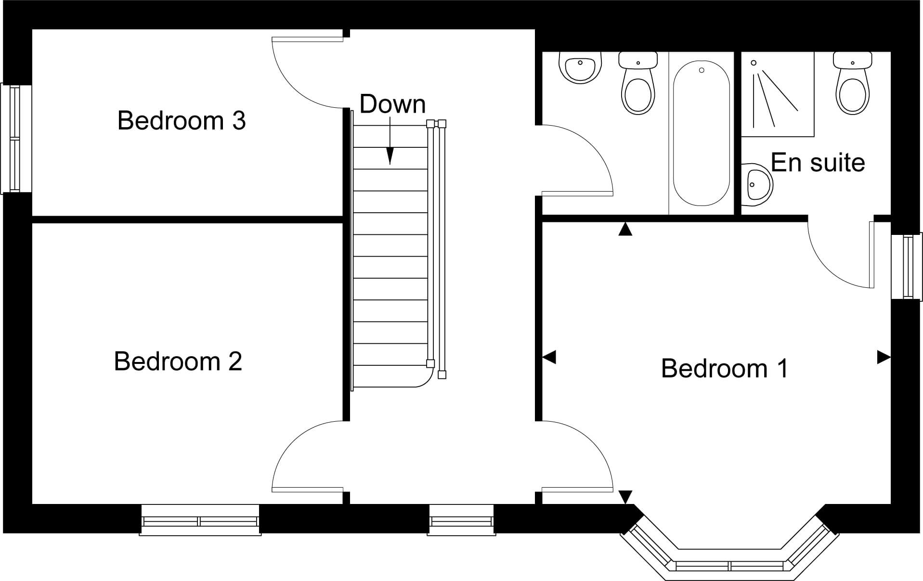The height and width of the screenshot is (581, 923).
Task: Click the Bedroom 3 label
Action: pos(182,120)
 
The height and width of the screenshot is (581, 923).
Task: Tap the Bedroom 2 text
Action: pos(178,361)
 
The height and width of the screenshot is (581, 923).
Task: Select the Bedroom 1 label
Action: pos(725,368)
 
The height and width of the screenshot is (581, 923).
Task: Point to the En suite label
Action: pos(818,162)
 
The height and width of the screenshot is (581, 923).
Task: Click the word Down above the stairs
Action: pos(392,104)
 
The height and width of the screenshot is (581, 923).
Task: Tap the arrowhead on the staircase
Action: pos(390,155)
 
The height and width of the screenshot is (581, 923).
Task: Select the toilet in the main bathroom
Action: pos(638,83)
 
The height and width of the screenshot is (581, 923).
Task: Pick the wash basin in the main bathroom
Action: pos(580,68)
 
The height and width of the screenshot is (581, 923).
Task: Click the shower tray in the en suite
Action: pos(778,94)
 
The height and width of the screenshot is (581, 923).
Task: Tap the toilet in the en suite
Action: pos(853,83)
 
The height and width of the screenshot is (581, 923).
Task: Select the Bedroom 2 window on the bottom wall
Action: pos(200,520)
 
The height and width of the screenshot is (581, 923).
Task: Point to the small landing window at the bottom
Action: pos(461,520)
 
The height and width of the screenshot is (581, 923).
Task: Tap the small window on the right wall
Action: pos(907,266)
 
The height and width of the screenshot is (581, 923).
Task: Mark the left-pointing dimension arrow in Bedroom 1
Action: pos(549,357)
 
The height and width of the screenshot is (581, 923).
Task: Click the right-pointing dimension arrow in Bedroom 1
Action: pos(884,357)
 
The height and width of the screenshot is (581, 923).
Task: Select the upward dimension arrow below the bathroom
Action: pos(625,229)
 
